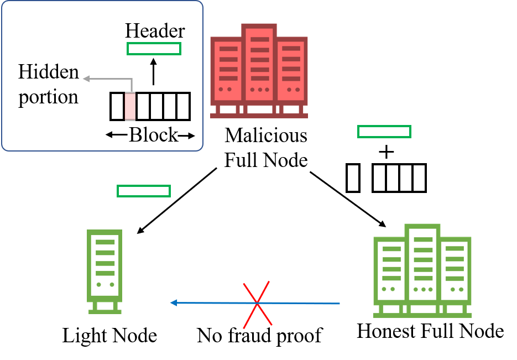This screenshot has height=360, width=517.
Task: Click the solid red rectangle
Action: point(130,106)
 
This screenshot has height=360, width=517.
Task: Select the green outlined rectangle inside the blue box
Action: point(154,49)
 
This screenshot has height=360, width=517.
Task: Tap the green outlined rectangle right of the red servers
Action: point(384,132)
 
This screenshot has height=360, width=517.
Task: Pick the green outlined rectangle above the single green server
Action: point(144,191)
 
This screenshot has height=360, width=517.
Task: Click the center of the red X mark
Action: point(257,303)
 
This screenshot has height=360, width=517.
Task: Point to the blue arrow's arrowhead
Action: point(173,302)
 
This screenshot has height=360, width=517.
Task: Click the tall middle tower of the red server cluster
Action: point(259,64)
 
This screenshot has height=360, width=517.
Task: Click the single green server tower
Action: point(105,265)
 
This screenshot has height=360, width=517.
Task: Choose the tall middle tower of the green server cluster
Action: point(423,263)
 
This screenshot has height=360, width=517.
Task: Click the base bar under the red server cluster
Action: point(259,116)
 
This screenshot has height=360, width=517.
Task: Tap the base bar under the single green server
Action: point(105,312)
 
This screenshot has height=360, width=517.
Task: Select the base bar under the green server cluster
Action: point(422,315)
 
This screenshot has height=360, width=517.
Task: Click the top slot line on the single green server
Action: point(105,242)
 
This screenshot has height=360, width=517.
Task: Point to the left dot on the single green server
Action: point(98,284)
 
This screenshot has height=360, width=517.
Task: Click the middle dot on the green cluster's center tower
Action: point(423,289)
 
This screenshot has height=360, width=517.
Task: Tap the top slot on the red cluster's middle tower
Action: point(259,40)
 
